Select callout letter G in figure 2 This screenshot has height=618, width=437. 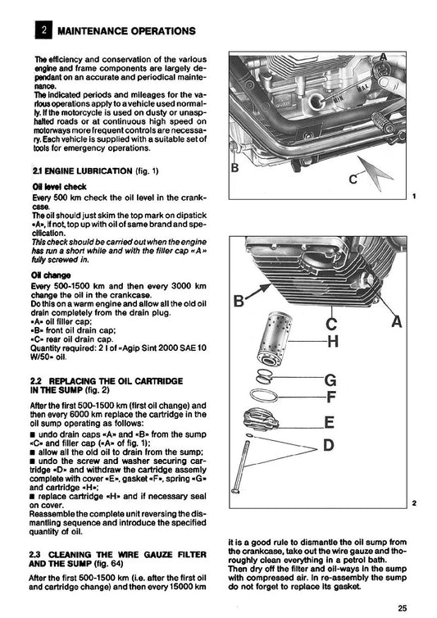330,380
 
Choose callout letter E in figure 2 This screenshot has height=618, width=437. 329,423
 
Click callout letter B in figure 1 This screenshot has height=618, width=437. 235,170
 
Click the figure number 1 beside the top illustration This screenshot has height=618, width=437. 415,198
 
